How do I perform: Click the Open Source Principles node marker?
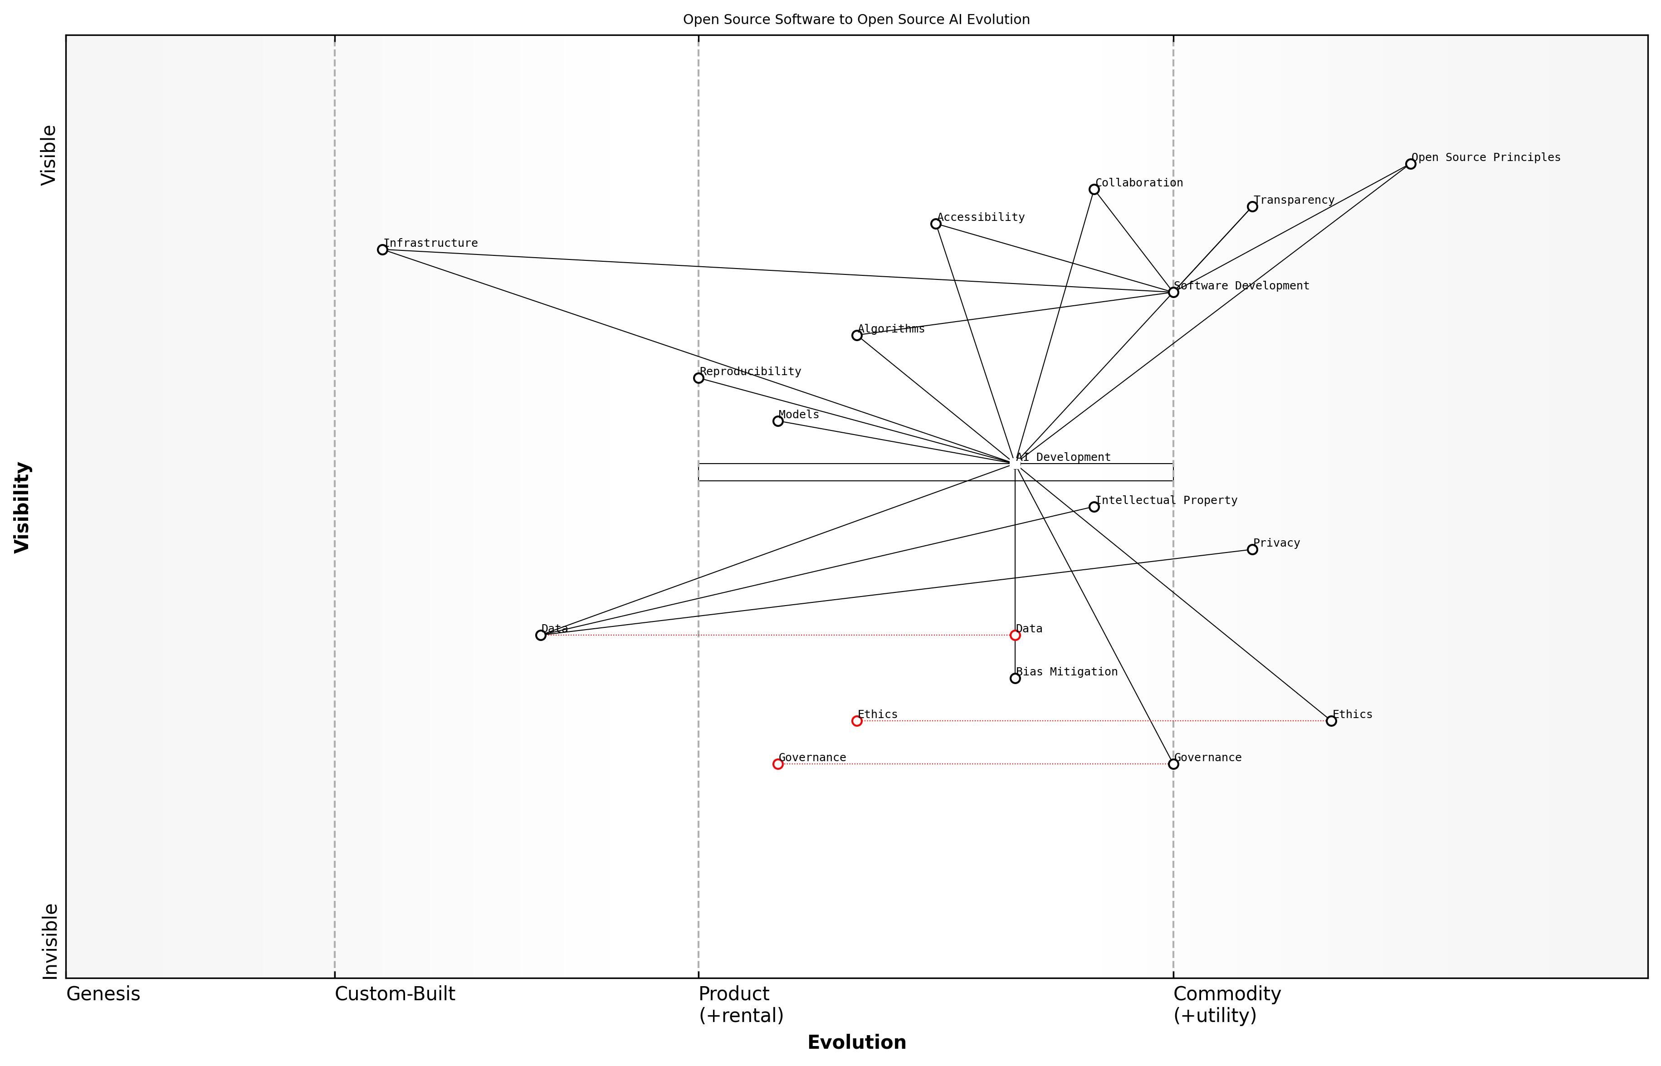(x=1410, y=164)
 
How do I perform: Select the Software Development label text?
(x=1241, y=286)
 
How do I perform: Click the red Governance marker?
(x=777, y=764)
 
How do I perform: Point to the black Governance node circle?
(x=1173, y=764)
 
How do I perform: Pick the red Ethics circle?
(x=857, y=721)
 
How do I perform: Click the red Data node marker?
(x=1015, y=636)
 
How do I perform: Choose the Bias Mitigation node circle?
(x=1015, y=678)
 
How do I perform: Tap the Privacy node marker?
(x=1252, y=550)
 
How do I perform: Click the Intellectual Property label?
(x=1166, y=500)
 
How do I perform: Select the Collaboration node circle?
(x=1094, y=190)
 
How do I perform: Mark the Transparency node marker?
(x=1252, y=206)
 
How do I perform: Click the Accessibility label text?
(x=981, y=217)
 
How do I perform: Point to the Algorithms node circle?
(x=857, y=336)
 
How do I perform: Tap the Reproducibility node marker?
(x=699, y=378)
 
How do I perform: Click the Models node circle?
(x=777, y=421)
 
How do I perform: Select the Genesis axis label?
(x=103, y=994)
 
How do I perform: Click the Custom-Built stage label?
(x=395, y=994)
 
